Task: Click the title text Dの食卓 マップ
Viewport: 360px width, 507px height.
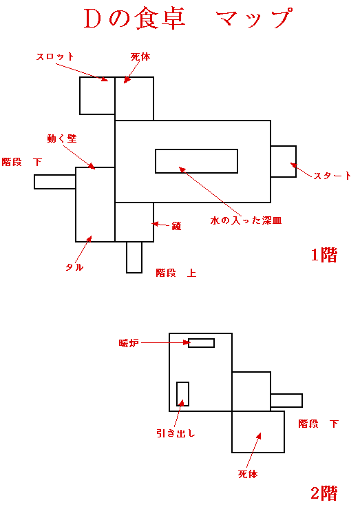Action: click(189, 19)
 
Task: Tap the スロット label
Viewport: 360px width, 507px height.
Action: click(55, 56)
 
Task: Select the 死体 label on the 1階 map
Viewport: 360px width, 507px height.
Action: click(140, 57)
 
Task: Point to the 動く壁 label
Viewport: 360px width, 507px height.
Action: click(62, 138)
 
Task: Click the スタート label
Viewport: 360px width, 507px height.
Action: click(332, 176)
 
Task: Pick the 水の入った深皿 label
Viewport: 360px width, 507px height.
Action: click(246, 220)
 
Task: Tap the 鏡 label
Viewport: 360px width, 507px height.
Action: click(176, 226)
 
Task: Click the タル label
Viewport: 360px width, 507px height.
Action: click(74, 267)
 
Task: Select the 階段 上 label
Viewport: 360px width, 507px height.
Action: click(176, 273)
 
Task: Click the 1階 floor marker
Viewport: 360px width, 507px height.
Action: click(324, 255)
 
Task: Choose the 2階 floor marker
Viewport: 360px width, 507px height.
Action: click(324, 493)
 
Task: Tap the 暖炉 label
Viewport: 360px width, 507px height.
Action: click(129, 343)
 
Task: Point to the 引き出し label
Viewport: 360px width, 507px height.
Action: click(176, 433)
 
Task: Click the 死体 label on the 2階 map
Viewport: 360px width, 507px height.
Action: click(248, 474)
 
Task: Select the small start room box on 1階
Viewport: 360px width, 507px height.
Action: click(284, 161)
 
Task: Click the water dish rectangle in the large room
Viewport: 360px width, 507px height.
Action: click(196, 161)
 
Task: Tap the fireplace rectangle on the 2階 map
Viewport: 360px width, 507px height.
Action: click(201, 343)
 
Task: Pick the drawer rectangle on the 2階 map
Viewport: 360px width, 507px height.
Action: click(182, 394)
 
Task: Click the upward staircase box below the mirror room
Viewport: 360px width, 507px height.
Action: click(134, 258)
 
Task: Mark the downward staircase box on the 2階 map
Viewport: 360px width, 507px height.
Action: click(286, 400)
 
